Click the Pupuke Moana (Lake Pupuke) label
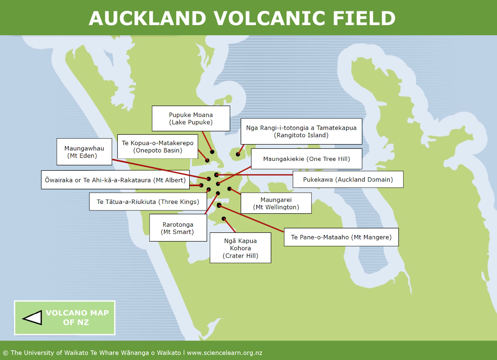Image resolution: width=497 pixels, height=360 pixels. (191, 118)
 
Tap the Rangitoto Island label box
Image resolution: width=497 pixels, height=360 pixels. (301, 131)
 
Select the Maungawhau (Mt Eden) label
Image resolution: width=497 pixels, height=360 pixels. (84, 152)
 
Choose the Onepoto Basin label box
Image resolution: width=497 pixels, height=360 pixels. (157, 147)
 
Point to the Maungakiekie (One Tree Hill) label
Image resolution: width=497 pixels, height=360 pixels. (306, 159)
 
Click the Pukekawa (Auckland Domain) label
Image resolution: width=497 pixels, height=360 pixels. (347, 179)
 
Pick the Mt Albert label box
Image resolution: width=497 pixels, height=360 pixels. (115, 179)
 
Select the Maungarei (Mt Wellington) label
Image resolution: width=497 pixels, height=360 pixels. (276, 203)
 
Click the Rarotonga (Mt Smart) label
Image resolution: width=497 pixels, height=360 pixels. (178, 228)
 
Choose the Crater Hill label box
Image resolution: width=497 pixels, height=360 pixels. (240, 248)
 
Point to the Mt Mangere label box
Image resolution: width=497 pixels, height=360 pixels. (341, 237)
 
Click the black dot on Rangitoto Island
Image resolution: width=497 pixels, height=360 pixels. (238, 154)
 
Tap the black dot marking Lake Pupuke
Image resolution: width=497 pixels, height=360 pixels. (212, 152)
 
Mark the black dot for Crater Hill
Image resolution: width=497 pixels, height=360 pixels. (224, 218)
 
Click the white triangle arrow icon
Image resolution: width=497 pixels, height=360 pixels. (32, 317)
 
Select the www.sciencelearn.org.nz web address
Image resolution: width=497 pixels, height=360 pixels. (224, 353)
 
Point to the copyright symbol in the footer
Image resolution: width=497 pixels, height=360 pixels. (5, 353)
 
